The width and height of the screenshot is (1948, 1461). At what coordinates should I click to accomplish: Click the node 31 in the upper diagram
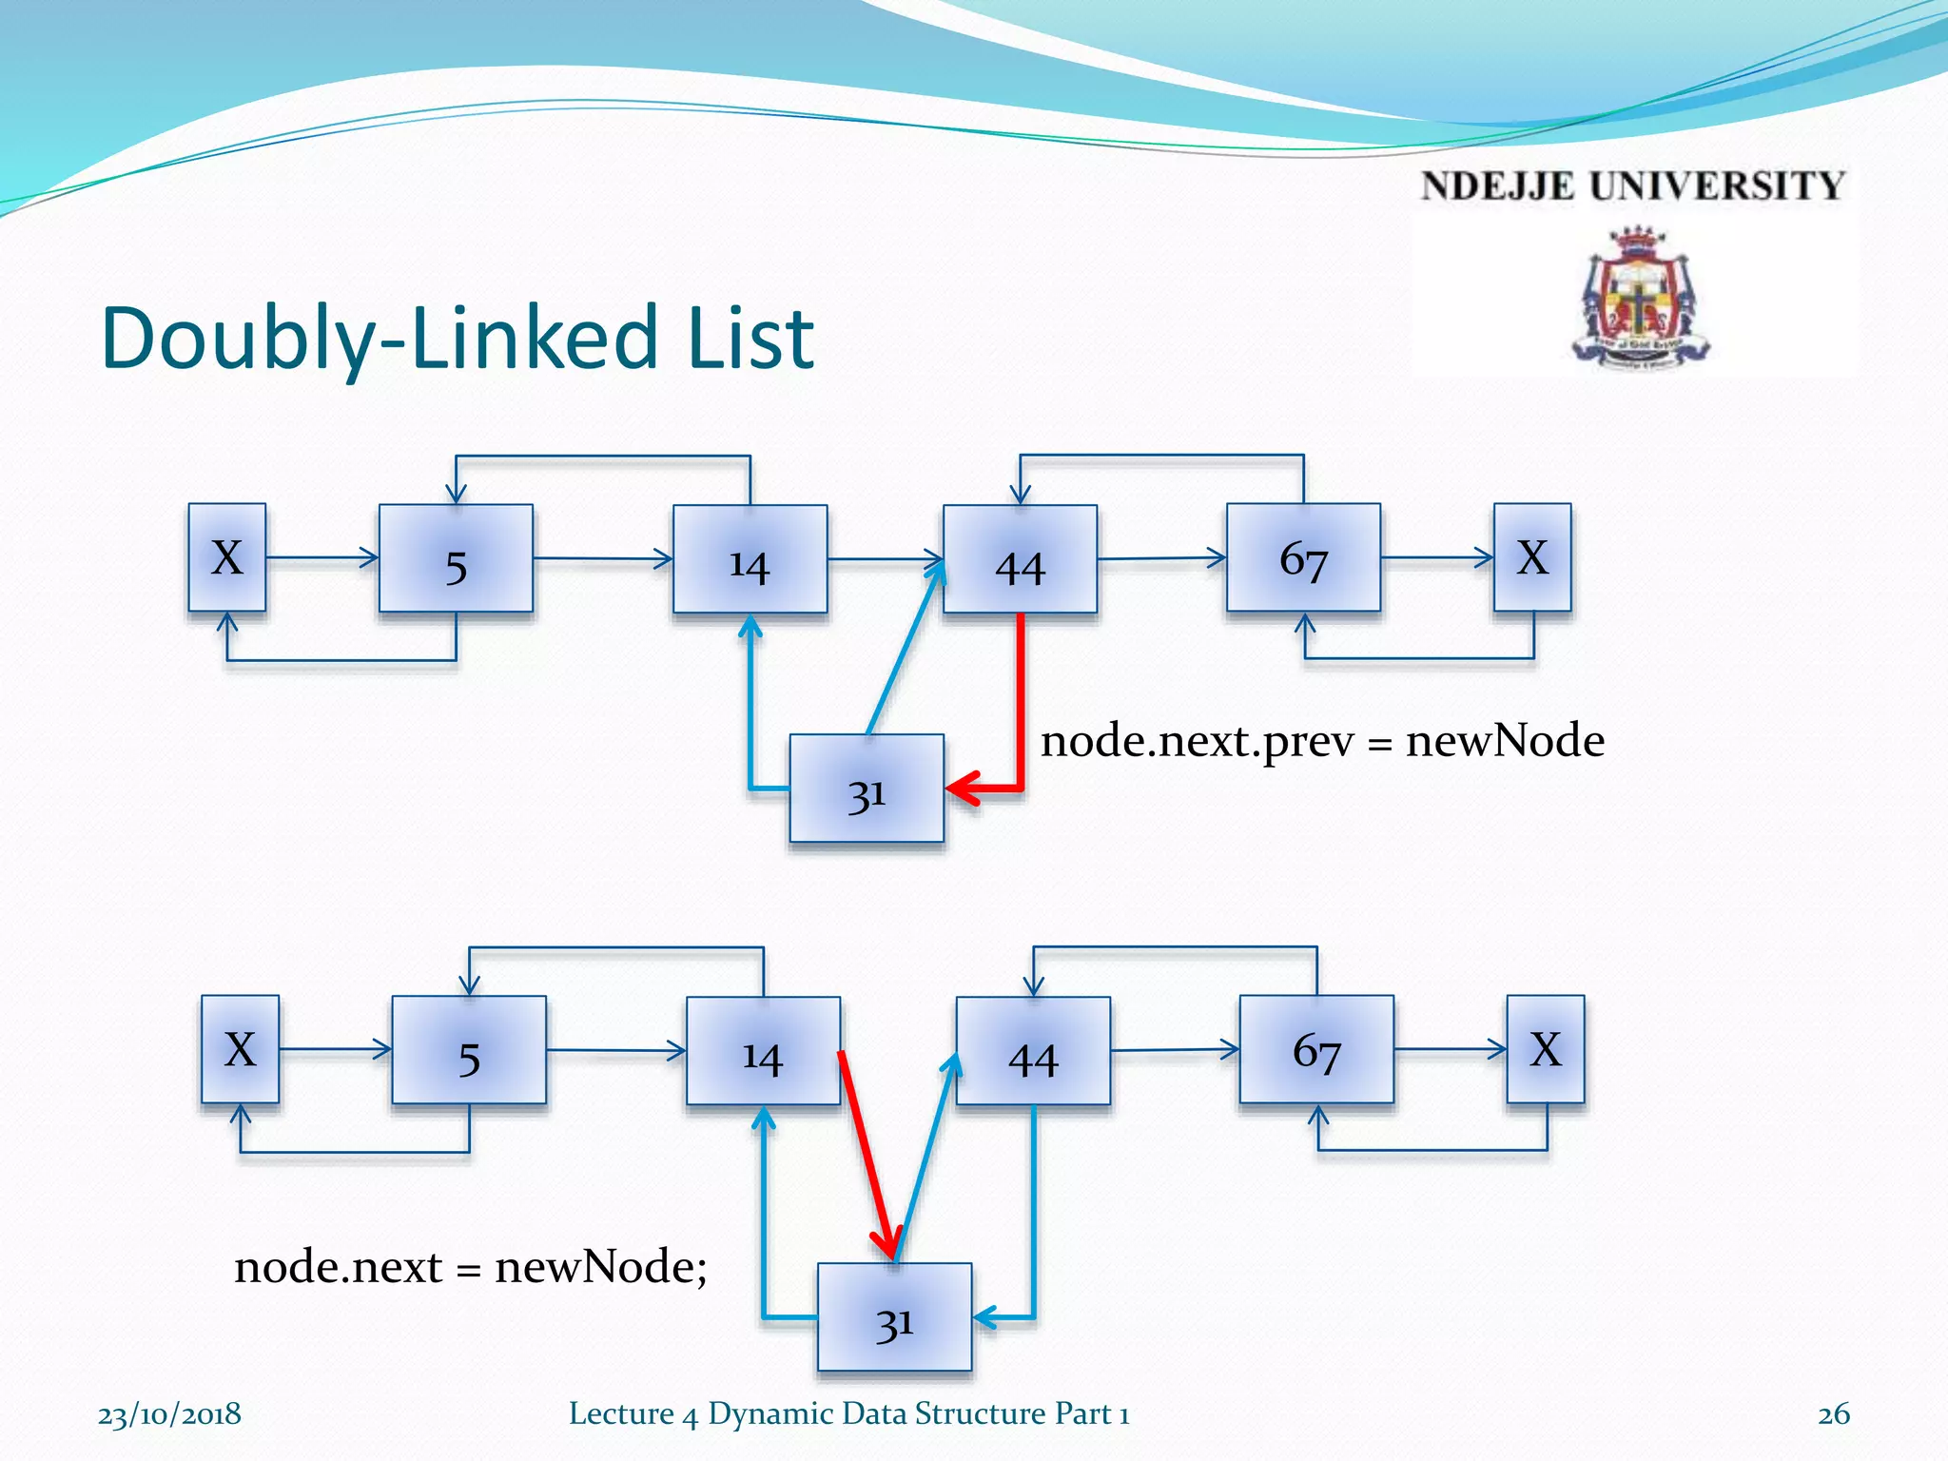coord(867,789)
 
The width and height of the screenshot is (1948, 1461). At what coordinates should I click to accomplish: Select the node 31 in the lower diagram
coord(894,1317)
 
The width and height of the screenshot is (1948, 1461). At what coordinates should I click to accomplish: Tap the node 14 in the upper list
coord(750,559)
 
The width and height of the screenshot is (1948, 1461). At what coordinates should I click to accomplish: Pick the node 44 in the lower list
coord(1033,1051)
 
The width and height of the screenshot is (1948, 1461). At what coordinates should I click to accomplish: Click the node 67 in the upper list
coord(1303,558)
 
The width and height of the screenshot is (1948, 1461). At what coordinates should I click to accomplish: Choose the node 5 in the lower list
coord(469,1050)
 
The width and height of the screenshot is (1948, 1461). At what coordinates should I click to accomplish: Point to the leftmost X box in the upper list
coord(227,557)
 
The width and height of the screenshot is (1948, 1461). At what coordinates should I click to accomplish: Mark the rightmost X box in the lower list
coord(1546,1049)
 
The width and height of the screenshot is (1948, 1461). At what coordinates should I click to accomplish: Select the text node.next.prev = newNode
coord(1322,741)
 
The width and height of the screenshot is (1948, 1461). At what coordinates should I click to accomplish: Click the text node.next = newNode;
coord(471,1267)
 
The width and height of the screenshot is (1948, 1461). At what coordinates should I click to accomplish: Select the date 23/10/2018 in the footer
coord(169,1414)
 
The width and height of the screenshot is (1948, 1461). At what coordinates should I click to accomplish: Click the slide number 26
coord(1833,1414)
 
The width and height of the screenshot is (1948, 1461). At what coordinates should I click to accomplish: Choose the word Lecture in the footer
coord(621,1413)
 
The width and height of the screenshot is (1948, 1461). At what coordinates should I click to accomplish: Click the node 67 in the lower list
coord(1316,1049)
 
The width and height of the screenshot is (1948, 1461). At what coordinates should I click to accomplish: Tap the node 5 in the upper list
coord(456,558)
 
